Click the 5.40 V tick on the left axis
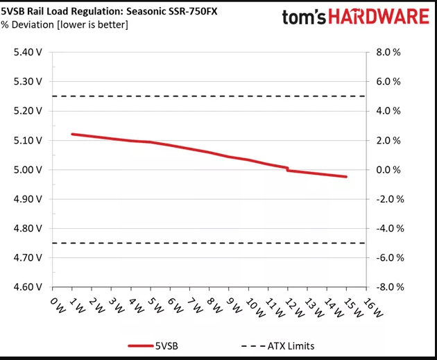coord(28,52)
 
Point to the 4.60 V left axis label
coord(28,286)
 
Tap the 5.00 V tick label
coord(28,169)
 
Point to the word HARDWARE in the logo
coord(379,17)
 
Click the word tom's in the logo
coord(304,17)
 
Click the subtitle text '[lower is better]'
coord(95,25)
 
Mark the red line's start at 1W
coord(72,134)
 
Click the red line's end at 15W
coord(345,177)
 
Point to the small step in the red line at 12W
coord(287,169)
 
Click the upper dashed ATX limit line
coord(208,96)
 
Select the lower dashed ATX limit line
coord(208,243)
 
